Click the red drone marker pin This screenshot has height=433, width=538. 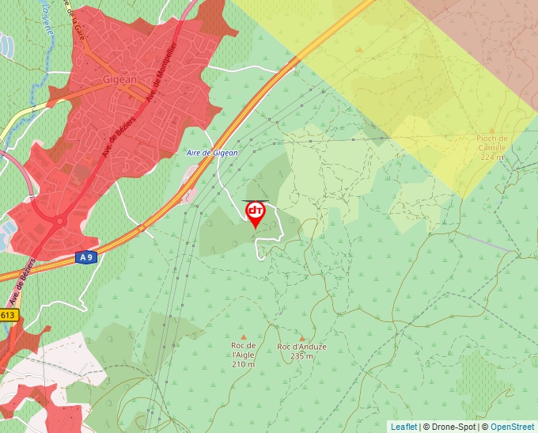(x=256, y=213)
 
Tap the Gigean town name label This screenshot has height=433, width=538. (x=120, y=80)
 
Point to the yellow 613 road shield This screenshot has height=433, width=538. (x=7, y=315)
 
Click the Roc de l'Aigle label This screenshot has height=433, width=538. (x=244, y=350)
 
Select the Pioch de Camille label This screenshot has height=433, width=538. (x=492, y=143)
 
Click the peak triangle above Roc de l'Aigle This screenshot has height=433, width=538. (x=243, y=336)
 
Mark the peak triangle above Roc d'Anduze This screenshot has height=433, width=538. (x=301, y=338)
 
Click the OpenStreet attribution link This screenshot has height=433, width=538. (x=513, y=427)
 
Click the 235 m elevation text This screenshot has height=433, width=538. (x=302, y=356)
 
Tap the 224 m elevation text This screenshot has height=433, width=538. (x=492, y=157)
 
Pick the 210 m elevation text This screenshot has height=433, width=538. (x=244, y=364)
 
